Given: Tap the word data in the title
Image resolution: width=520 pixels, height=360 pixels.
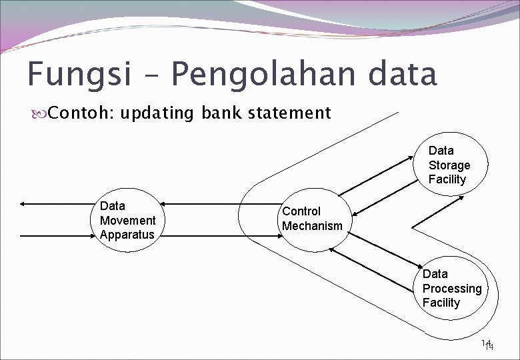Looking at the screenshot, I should coord(403,75).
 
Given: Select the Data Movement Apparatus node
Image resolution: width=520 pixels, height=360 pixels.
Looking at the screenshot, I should coord(127,221).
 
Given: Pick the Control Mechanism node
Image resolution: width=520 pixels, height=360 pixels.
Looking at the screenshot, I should coord(311,219).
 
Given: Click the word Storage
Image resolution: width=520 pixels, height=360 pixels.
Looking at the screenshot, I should coord(449,165).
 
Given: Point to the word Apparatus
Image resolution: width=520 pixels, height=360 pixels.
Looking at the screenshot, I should coord(127,235).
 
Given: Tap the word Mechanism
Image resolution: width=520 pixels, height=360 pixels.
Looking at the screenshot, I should coord(311,226).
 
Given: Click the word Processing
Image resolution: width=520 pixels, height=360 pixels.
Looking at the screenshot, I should coord(451,289).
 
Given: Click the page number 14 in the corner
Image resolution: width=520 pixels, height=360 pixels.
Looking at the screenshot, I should coord(488,345).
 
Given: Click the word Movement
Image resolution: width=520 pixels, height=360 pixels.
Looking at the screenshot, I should coord(127,221).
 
